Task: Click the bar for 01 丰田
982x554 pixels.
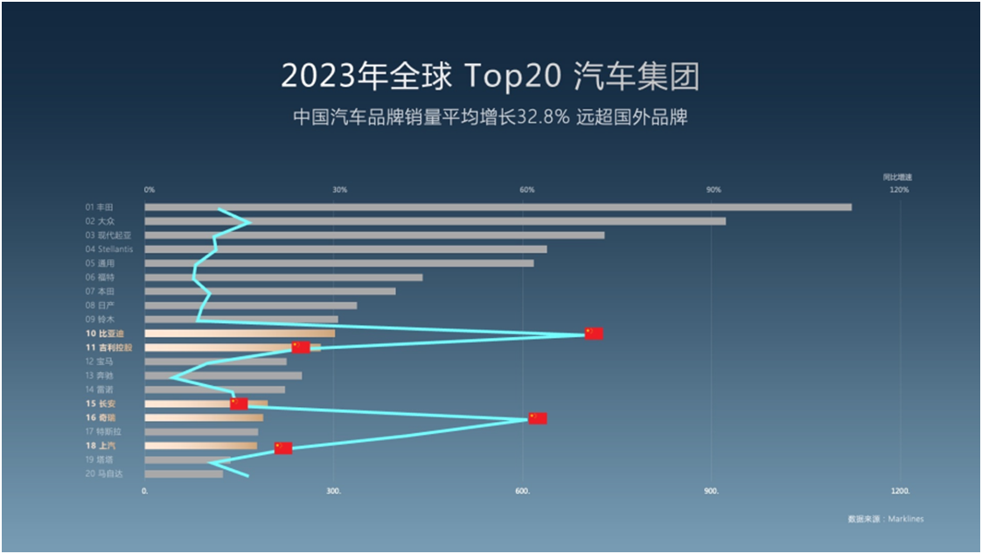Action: (498, 207)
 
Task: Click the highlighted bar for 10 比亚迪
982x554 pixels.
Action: (240, 333)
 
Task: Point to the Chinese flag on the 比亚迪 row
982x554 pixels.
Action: (594, 333)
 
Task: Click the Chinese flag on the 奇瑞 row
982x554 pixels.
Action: (537, 418)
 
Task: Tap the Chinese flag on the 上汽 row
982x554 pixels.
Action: (283, 448)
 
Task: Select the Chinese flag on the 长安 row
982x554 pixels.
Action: (239, 403)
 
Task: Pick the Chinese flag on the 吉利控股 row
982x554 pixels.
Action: (301, 347)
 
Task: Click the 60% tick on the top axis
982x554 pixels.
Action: (526, 190)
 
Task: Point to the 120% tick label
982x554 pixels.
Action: (899, 190)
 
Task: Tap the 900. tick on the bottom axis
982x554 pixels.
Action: (712, 492)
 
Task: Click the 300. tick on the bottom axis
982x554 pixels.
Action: (332, 492)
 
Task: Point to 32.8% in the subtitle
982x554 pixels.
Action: (546, 117)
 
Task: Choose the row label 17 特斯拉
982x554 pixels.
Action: (102, 431)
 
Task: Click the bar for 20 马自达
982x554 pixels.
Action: (184, 474)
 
